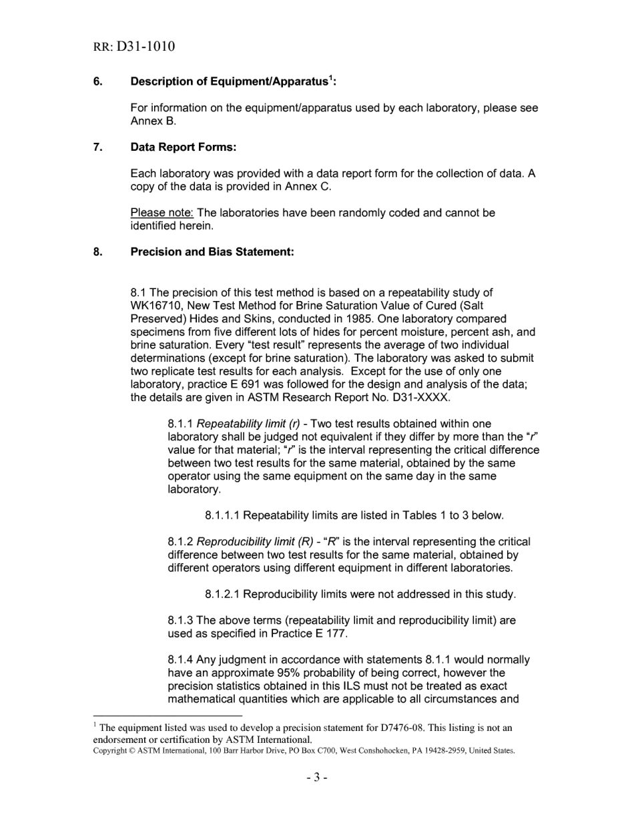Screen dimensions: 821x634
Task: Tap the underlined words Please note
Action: tap(162, 213)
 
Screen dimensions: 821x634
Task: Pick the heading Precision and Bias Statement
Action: tap(212, 252)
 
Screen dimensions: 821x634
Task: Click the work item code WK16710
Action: tap(160, 306)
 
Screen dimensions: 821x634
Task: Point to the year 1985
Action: tap(362, 319)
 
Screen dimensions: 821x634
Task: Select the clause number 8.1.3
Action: tap(180, 620)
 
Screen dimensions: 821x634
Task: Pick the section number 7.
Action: tap(97, 147)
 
